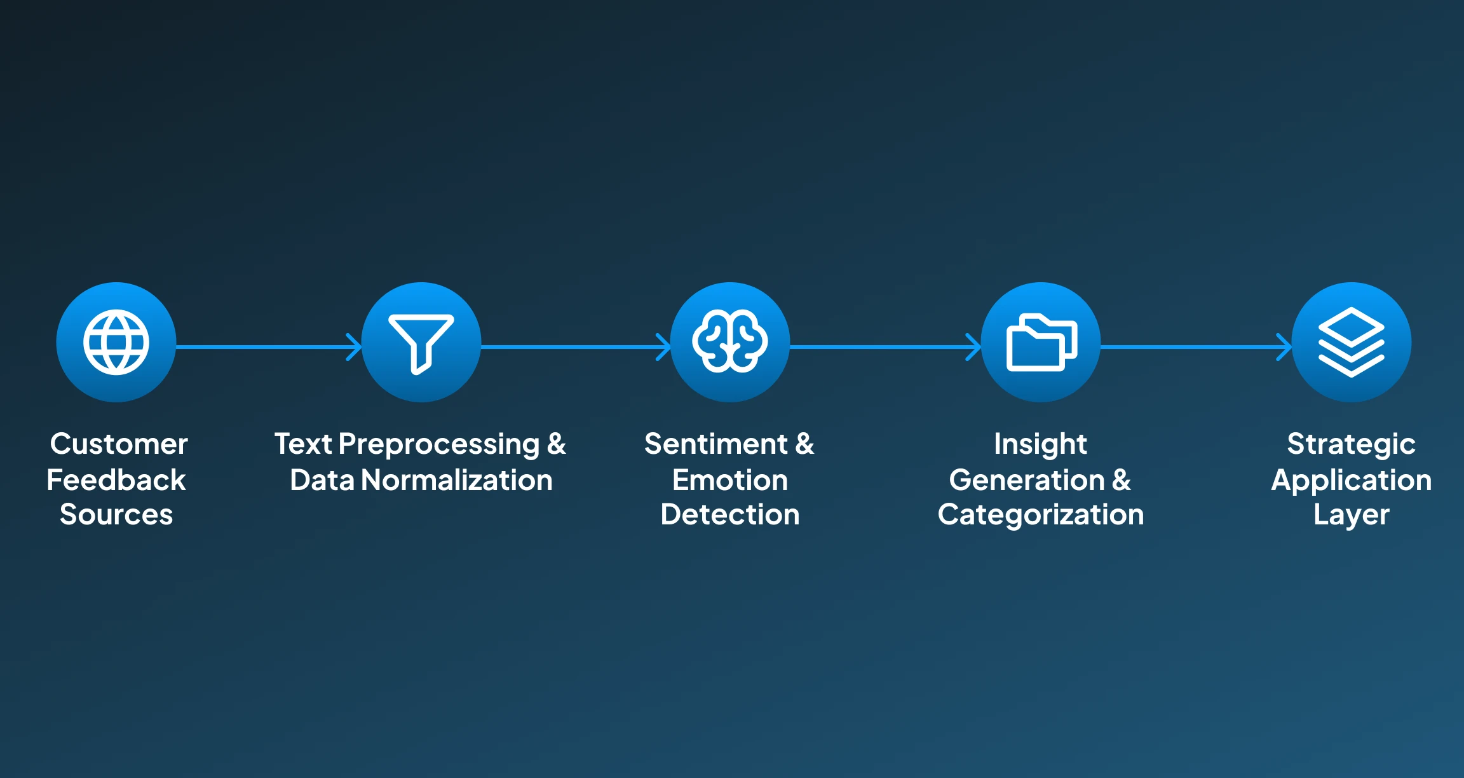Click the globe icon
point(116,342)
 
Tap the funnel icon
point(421,342)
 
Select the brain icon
point(730,342)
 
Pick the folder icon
point(1041,342)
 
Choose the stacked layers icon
point(1352,342)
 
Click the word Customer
point(119,444)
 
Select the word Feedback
point(116,480)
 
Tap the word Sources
point(116,515)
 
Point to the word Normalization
point(457,480)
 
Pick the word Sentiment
point(716,444)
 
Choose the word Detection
point(730,515)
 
